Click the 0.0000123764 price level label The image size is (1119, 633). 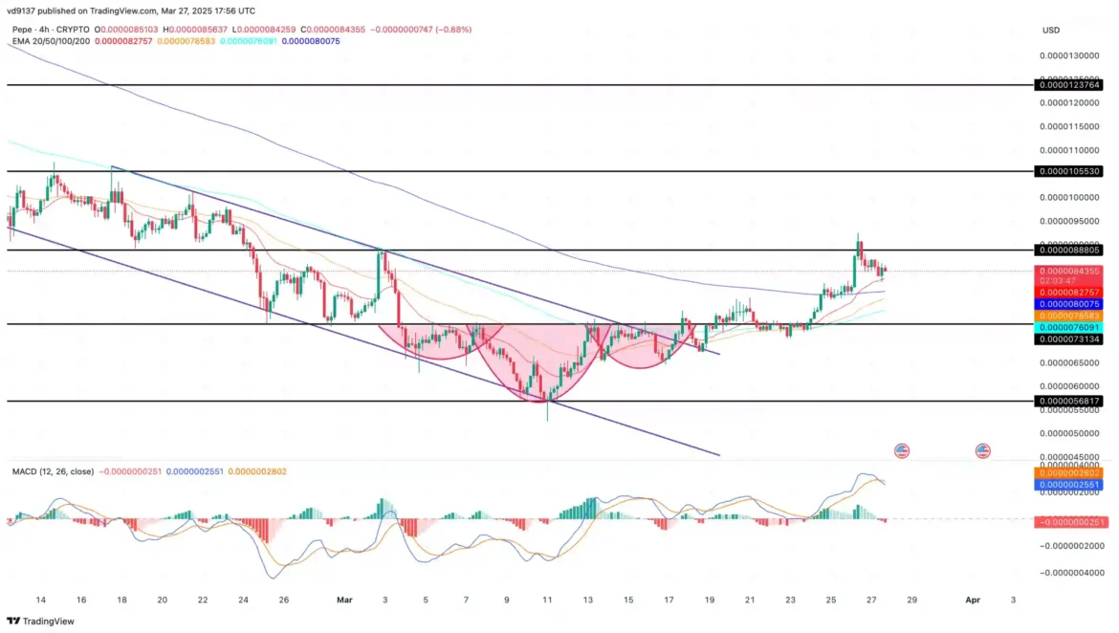(1069, 85)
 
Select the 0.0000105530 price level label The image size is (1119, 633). (1069, 171)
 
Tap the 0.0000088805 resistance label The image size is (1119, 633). (1069, 250)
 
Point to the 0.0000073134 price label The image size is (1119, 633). (1069, 338)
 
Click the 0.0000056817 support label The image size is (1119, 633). (1069, 402)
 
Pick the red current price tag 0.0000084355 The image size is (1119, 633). (1069, 272)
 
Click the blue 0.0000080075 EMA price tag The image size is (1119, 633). (1069, 303)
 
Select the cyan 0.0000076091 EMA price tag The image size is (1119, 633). (1069, 326)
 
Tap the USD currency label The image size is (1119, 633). (1050, 31)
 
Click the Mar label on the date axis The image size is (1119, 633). (344, 600)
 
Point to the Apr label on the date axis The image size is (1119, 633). (973, 600)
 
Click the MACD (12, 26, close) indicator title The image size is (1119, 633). (54, 471)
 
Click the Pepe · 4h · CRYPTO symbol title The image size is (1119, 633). (52, 30)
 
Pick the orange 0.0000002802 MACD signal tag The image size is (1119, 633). (1069, 472)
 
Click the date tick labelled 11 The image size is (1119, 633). (547, 600)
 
